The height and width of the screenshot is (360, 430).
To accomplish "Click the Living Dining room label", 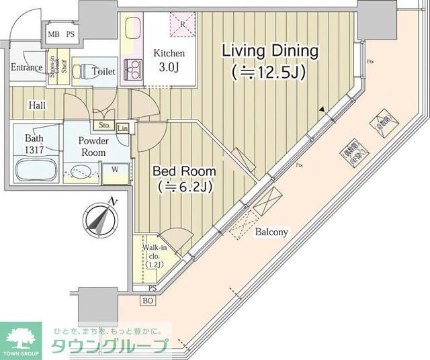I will pos(269,51).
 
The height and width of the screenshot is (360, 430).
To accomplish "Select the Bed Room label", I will pos(179,171).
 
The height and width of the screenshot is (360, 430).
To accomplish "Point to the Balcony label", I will pos(271,232).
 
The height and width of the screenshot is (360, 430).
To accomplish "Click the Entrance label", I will pos(27,67).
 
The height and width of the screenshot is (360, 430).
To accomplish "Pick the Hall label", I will pos(37,105).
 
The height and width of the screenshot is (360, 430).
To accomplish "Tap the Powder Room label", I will pos(92,146).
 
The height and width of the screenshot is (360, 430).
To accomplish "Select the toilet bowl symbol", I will pos(80,71).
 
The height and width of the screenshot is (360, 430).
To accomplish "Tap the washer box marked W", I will pos(115,169).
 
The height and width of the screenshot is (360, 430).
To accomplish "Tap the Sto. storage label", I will pos(104,125).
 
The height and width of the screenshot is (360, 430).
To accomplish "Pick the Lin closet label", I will pos(123,128).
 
